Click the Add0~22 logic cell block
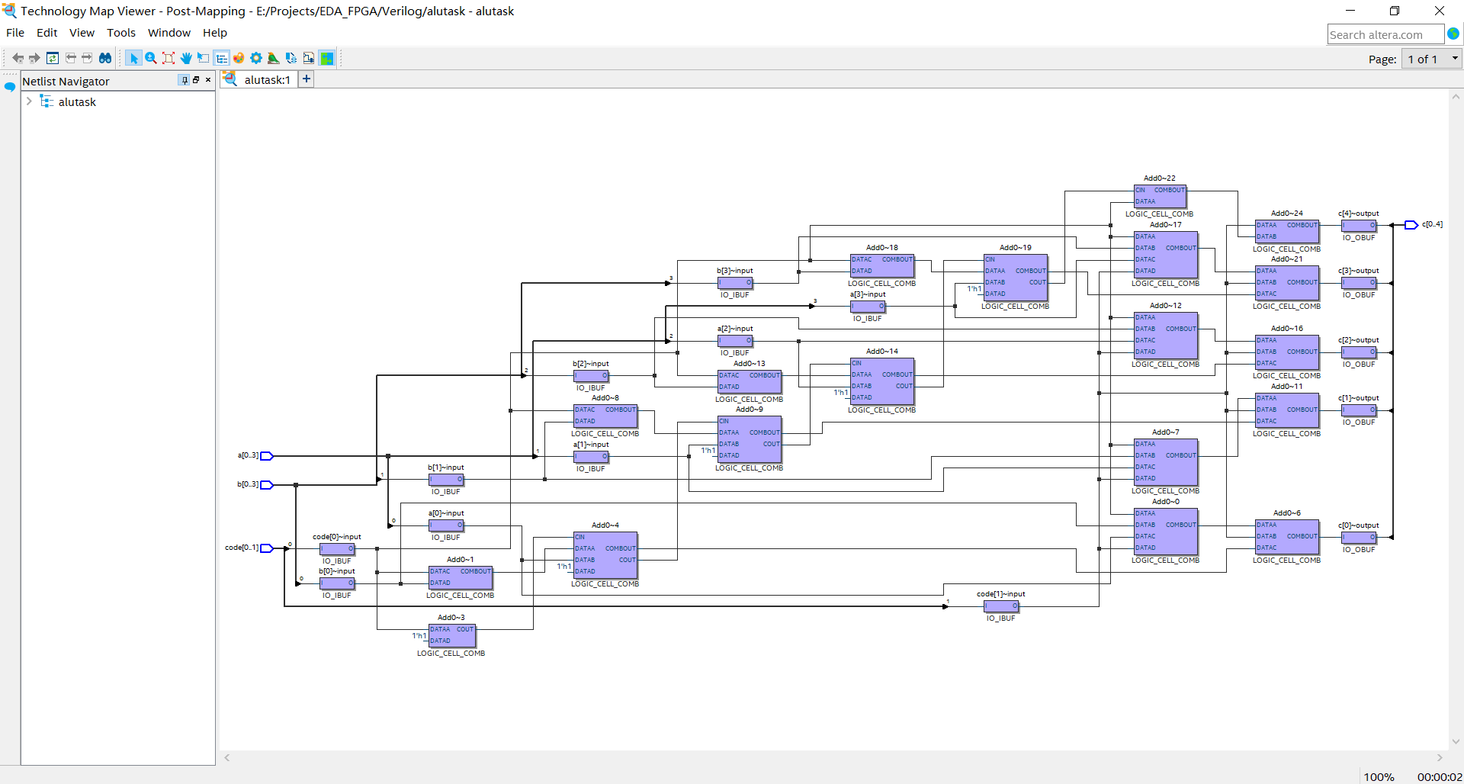click(x=1160, y=197)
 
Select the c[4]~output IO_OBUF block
click(x=1359, y=226)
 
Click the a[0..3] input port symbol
click(x=267, y=456)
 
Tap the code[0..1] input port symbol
click(x=267, y=548)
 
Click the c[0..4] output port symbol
click(x=1411, y=225)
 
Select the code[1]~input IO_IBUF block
click(x=1001, y=606)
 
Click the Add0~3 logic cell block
click(x=452, y=635)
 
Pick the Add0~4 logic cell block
click(x=605, y=554)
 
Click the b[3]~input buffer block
click(x=735, y=283)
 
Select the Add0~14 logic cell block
click(x=881, y=381)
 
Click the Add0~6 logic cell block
click(x=1287, y=537)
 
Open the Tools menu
click(x=121, y=33)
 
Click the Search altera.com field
click(x=1384, y=34)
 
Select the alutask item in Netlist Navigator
click(x=77, y=102)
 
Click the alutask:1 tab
click(x=266, y=79)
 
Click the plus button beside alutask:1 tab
click(x=306, y=79)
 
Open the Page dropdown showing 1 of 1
click(x=1431, y=59)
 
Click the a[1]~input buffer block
click(x=591, y=457)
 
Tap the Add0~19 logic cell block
click(x=1015, y=278)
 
